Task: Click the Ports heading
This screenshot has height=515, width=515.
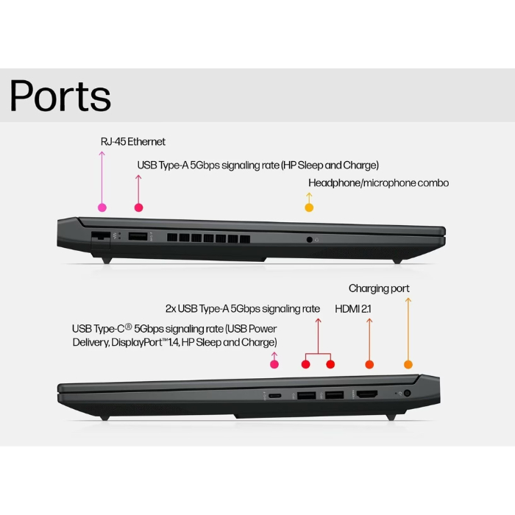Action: [60, 96]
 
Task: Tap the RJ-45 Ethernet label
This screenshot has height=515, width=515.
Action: [133, 141]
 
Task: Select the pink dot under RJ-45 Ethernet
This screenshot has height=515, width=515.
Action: [102, 207]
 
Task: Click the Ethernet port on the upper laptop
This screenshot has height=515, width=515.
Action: [98, 236]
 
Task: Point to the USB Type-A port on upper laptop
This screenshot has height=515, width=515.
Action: [138, 236]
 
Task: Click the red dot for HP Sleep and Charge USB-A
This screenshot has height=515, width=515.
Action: [138, 207]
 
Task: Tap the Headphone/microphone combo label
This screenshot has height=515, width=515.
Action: [378, 182]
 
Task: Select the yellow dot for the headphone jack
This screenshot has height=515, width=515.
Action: [309, 207]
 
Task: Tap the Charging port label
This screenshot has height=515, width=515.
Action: [379, 288]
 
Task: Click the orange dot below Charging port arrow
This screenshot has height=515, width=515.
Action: [408, 364]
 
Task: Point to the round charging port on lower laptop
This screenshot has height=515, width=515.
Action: [407, 394]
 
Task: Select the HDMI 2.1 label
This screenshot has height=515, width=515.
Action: [353, 309]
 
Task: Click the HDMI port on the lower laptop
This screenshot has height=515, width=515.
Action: [367, 395]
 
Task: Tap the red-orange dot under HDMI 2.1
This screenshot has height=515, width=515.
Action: [369, 364]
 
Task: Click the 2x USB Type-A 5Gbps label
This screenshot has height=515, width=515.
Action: [243, 309]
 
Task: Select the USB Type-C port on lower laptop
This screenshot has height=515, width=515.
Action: [274, 396]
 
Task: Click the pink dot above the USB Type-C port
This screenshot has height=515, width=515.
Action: [274, 364]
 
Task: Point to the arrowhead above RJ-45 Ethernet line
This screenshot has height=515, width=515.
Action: [102, 153]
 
